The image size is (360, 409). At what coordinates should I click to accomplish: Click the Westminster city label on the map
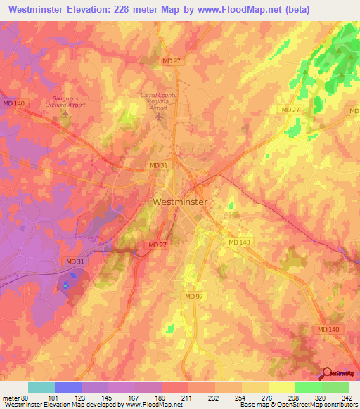click(x=180, y=202)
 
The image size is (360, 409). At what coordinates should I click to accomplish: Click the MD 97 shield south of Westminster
click(x=195, y=297)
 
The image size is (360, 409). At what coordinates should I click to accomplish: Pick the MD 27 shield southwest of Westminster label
click(x=157, y=245)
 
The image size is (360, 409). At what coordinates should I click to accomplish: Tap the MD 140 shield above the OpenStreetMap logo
click(x=328, y=329)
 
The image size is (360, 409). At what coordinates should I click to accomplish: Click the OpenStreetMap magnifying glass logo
click(x=326, y=372)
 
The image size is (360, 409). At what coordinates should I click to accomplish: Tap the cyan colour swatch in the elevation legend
click(x=41, y=387)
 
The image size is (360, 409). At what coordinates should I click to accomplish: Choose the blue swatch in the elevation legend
click(x=68, y=387)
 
